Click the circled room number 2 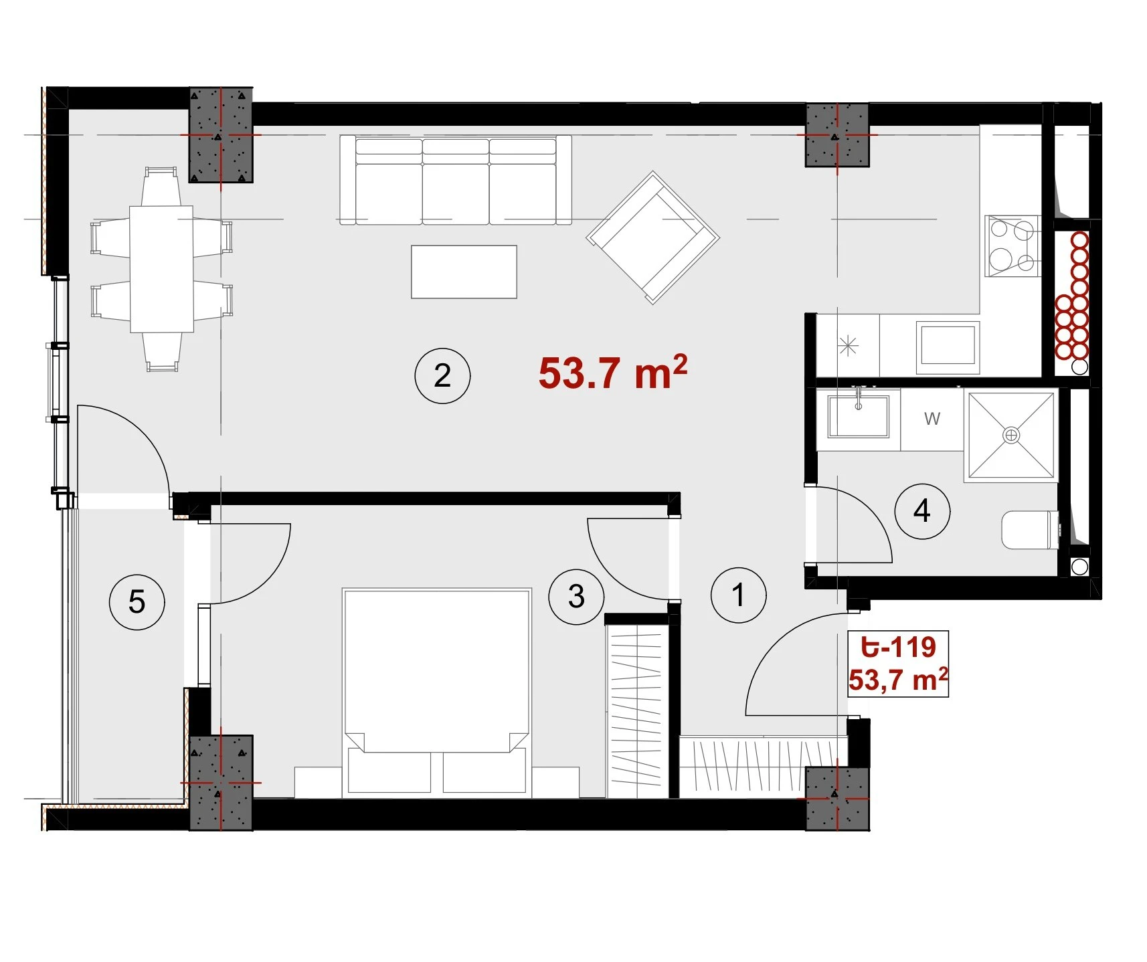coord(442,375)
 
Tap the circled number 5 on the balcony coord(137,601)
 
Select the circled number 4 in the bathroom coord(922,511)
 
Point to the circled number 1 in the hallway coord(739,595)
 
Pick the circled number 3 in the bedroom coord(576,596)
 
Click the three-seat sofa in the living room coord(456,180)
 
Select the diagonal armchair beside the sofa coord(652,237)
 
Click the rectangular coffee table coord(464,272)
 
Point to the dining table coord(161,269)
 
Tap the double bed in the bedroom coord(437,693)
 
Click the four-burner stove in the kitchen coord(1012,246)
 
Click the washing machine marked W coord(932,419)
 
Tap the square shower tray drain coord(1011,436)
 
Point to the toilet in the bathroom coord(1031,530)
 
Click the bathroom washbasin coord(859,415)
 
